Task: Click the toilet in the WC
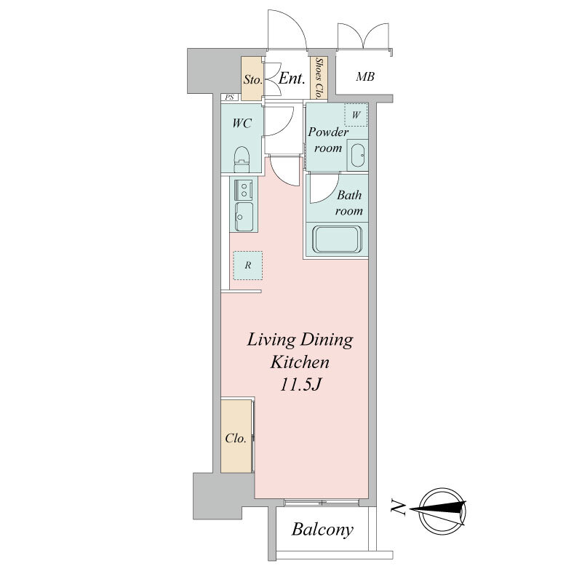click(x=242, y=159)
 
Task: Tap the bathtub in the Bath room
click(x=337, y=239)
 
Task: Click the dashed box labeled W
click(x=356, y=115)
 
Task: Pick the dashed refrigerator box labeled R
click(x=248, y=266)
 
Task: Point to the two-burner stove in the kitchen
click(x=244, y=190)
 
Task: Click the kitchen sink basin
click(x=244, y=216)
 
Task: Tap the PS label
click(x=230, y=97)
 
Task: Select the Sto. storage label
click(x=252, y=79)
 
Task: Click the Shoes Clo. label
click(x=319, y=78)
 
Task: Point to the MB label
click(x=365, y=77)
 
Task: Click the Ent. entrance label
click(x=292, y=79)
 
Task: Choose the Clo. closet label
click(x=236, y=439)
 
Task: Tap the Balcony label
click(x=322, y=530)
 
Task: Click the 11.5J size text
click(x=300, y=385)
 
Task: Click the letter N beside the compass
click(x=398, y=508)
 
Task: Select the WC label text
click(x=242, y=123)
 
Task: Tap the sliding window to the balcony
click(x=322, y=503)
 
